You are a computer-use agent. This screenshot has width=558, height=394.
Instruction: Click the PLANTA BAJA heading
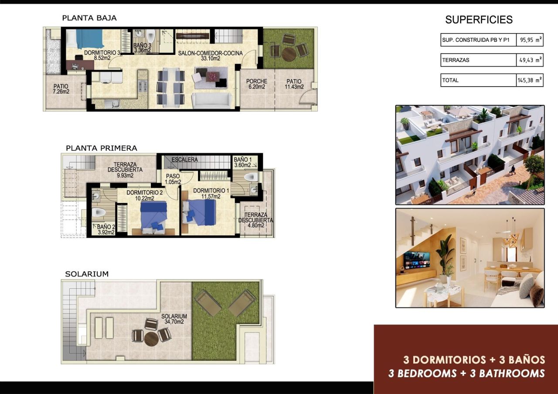tap(89, 18)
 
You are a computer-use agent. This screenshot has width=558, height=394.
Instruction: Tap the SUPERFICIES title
tap(479, 20)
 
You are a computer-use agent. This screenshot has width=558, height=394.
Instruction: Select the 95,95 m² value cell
tap(530, 40)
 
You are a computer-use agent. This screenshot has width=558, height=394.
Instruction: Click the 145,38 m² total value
tap(530, 80)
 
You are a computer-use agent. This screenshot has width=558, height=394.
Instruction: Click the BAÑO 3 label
tap(142, 47)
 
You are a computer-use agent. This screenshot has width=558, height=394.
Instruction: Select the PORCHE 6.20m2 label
tap(256, 84)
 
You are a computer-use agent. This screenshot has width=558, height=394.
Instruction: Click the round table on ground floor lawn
tap(289, 54)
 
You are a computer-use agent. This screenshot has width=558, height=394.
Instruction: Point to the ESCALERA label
tap(184, 160)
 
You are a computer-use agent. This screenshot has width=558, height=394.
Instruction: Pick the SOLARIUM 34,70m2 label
tap(174, 319)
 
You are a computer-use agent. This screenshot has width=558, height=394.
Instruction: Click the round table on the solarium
tap(151, 338)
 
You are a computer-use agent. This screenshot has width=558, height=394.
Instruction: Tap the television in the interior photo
tap(416, 260)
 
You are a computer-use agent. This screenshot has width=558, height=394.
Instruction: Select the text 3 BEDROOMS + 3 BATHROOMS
tap(466, 373)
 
